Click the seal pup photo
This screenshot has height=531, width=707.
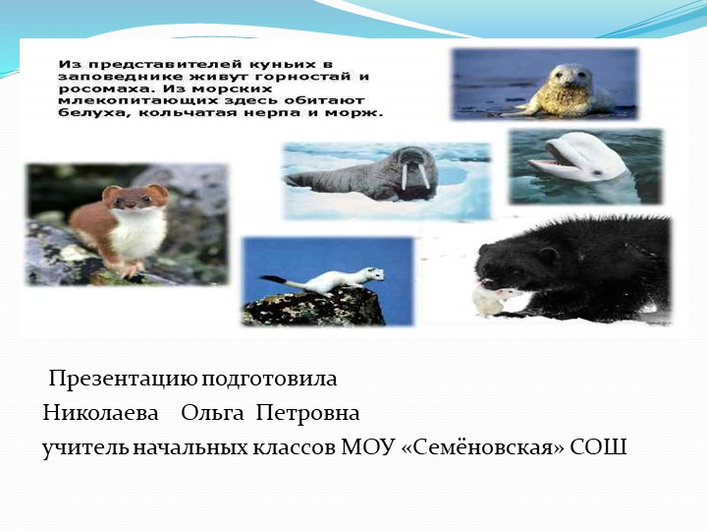tap(545, 84)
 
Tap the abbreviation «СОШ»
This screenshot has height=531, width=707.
tap(596, 447)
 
